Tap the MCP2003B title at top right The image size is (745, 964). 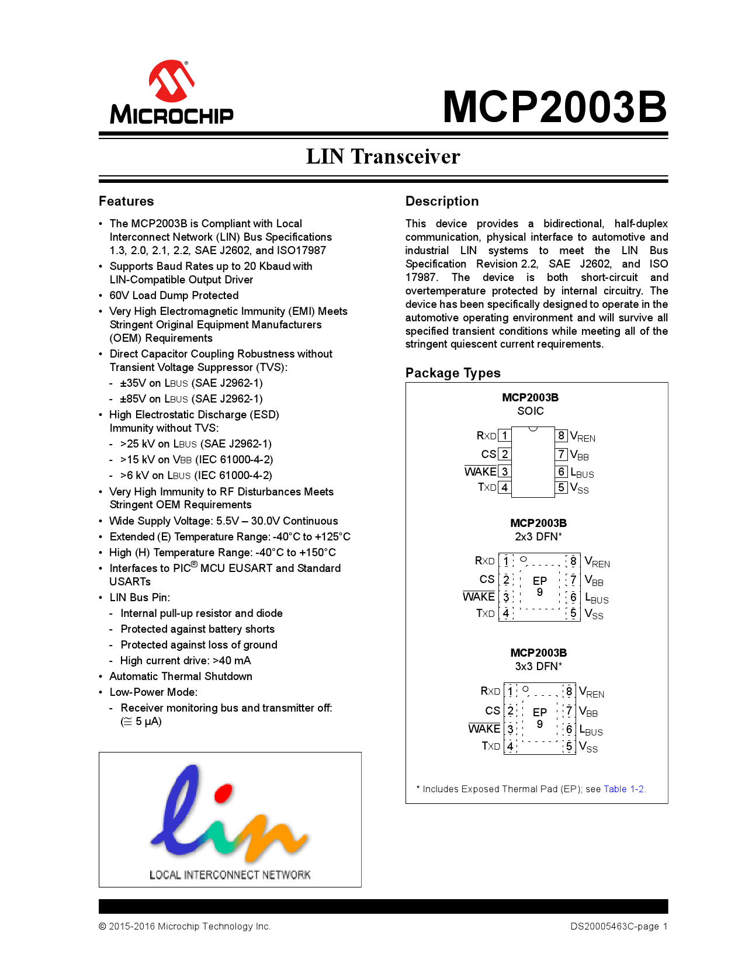pos(555,107)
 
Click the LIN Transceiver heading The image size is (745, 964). pos(383,157)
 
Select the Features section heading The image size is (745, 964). pos(126,201)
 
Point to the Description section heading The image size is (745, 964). pos(442,201)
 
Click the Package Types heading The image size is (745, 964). pos(453,373)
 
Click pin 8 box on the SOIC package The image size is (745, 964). pos(561,435)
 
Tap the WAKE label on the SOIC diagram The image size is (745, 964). pos(480,471)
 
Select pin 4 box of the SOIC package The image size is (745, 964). pos(504,487)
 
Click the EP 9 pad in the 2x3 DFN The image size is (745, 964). pos(540,586)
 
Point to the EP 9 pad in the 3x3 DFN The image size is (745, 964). pos(540,717)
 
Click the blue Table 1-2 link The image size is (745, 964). pos(623,789)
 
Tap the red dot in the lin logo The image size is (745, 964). pos(223,793)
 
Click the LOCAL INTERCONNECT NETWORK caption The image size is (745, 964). pos(230,875)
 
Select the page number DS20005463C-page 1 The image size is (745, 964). pos(619,926)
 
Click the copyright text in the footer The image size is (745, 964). pos(185,926)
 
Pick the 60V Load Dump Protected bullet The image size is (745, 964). pos(174,296)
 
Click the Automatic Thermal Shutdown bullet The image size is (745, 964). pos(181,677)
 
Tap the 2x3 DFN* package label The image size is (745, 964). pos(538,536)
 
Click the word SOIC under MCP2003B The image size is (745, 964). pos(531,411)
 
